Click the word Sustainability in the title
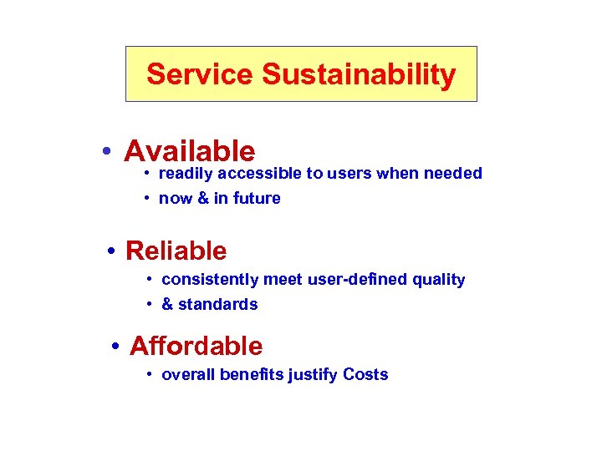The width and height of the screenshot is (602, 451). [359, 75]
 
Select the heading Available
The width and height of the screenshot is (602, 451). [189, 151]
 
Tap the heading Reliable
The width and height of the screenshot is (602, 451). [176, 251]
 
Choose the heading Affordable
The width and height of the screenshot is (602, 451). [196, 346]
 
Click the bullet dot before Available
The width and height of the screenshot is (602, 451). [106, 152]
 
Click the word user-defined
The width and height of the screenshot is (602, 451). [358, 280]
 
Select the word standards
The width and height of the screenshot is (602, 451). [218, 305]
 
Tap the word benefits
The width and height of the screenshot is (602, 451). [252, 374]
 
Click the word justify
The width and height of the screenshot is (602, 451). [313, 375]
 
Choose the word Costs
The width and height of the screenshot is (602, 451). [365, 374]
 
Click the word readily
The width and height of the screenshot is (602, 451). [185, 174]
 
